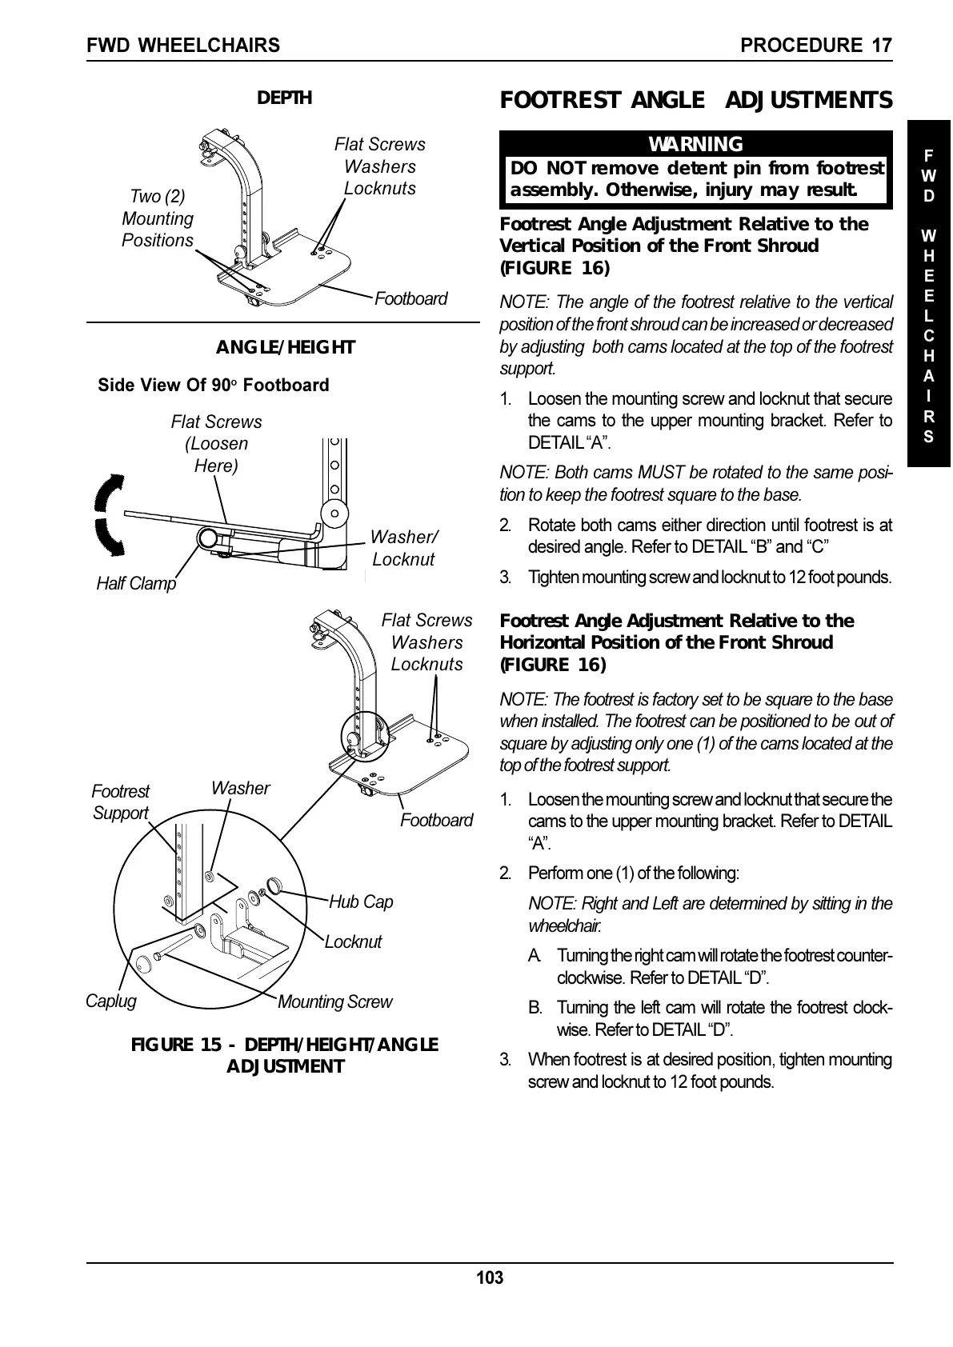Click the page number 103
[490, 1277]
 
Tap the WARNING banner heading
[695, 144]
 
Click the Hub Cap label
[361, 901]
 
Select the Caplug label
[110, 1001]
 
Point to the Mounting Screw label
[334, 1001]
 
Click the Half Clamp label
[136, 583]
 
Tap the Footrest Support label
[120, 801]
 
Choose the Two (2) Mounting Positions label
[158, 218]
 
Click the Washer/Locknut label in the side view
[404, 548]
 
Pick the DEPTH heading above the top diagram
[284, 98]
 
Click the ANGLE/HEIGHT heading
[286, 347]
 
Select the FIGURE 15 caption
[285, 1055]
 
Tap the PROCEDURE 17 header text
[816, 45]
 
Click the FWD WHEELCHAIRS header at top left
[184, 45]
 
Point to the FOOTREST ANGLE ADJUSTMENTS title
[695, 100]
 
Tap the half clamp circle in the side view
[208, 538]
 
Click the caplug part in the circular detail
[145, 962]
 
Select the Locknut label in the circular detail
[353, 941]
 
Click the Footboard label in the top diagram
[410, 298]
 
